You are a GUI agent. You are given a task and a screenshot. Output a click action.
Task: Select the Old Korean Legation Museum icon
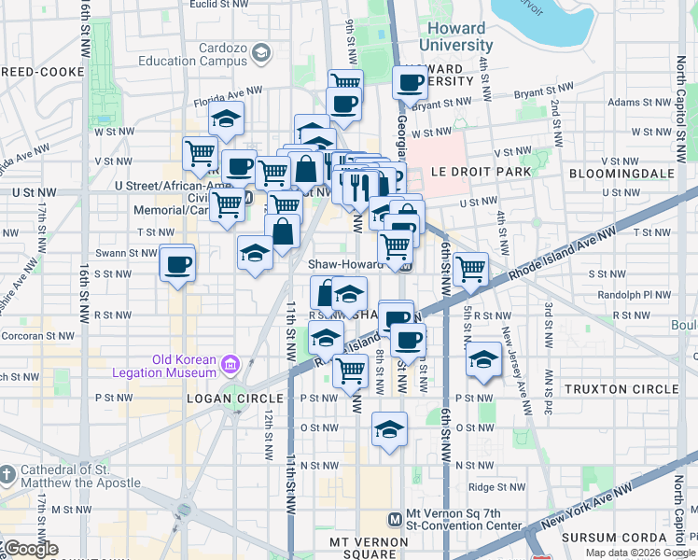[230, 362]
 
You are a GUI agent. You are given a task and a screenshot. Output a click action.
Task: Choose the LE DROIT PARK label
[481, 173]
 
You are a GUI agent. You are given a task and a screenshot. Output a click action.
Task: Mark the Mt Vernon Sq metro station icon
[395, 519]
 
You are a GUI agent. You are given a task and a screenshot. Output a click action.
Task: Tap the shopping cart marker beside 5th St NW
[471, 269]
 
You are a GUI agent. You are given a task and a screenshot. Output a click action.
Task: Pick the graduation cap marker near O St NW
[389, 429]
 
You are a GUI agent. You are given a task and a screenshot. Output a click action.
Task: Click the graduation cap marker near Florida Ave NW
[226, 119]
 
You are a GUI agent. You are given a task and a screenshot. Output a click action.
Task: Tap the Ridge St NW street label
[494, 487]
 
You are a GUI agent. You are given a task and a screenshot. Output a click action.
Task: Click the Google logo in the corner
[30, 549]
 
